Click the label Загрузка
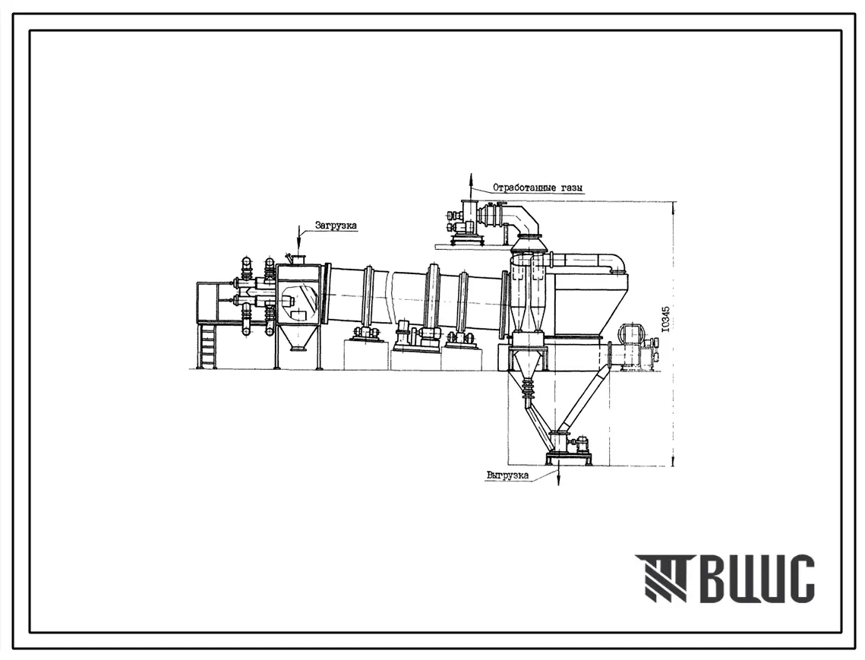coord(336,225)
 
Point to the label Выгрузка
coord(507,475)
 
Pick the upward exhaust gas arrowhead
coord(471,178)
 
